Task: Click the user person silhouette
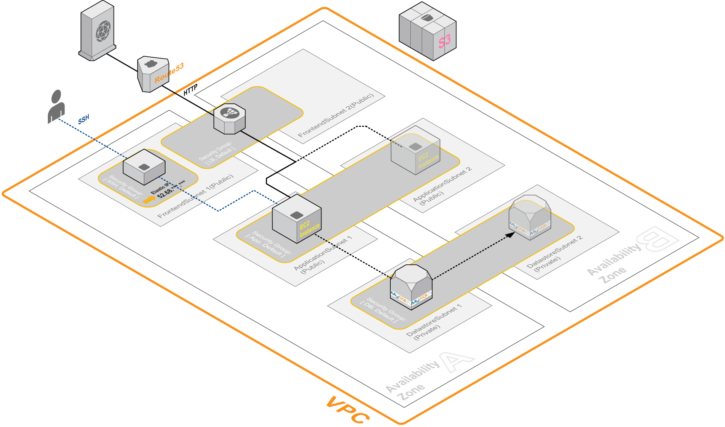56,107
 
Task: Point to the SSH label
84,119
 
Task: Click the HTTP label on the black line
190,90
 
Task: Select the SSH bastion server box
144,167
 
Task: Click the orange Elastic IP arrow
149,199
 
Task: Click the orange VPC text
348,410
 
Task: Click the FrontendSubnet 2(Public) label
336,115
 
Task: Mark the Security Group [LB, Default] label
218,152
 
